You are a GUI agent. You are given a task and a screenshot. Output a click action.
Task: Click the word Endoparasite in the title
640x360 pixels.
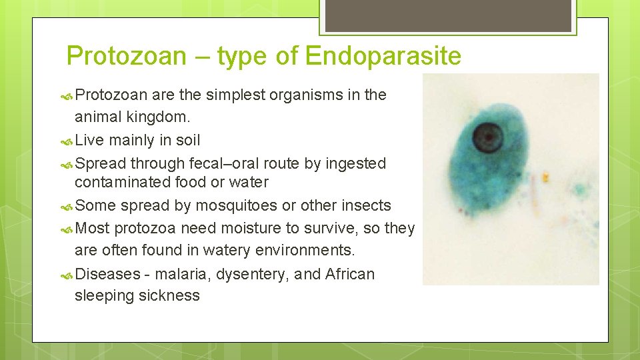pos(383,56)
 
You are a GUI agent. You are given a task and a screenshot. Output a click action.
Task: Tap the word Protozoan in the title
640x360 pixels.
pos(127,56)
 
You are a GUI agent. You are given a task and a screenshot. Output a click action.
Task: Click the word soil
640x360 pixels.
pos(186,140)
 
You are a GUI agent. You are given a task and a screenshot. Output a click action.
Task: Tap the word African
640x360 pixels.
pos(350,274)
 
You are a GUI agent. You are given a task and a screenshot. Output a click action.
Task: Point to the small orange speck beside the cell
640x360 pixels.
pos(545,178)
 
